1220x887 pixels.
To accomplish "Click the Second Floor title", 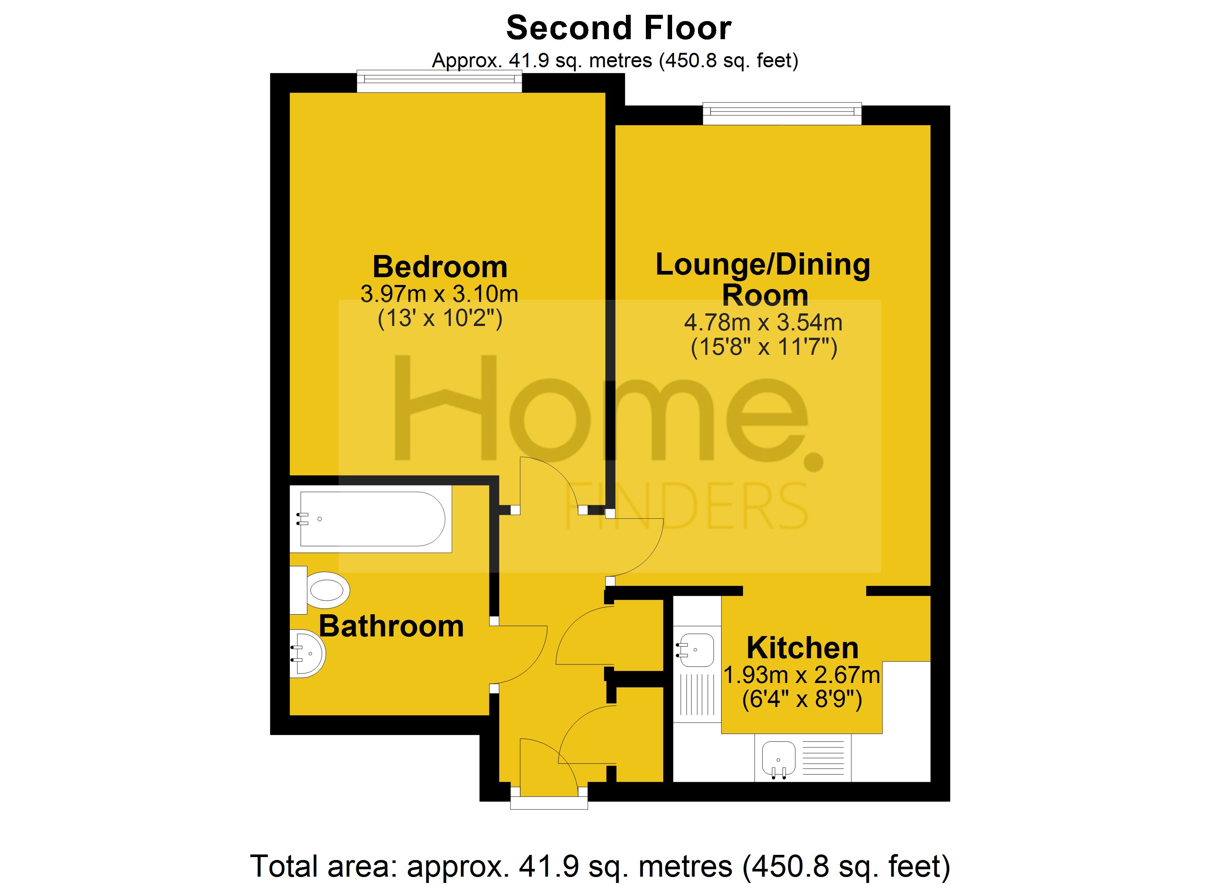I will (619, 28).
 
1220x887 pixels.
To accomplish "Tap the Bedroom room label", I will (440, 267).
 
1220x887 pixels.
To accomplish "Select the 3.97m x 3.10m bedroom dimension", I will (439, 294).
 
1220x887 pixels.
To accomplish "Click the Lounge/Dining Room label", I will (763, 280).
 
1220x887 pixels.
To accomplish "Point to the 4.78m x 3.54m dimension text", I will (763, 323).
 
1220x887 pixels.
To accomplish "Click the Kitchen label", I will (802, 648).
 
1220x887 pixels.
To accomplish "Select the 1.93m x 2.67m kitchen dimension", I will (802, 675).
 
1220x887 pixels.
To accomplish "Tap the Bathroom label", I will (391, 627).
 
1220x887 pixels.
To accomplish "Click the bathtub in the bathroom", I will (371, 519).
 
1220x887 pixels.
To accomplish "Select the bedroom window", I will (440, 81).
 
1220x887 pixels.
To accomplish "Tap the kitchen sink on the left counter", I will (695, 650).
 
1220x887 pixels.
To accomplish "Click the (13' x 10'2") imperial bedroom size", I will (440, 319).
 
